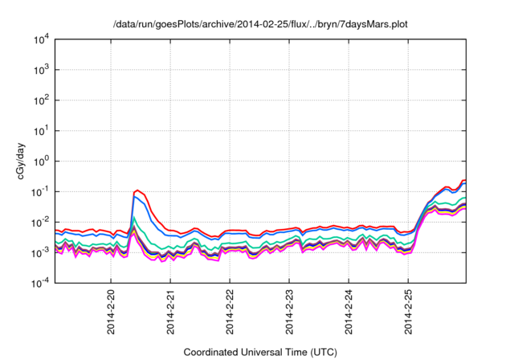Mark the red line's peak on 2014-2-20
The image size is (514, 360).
(x=138, y=190)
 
